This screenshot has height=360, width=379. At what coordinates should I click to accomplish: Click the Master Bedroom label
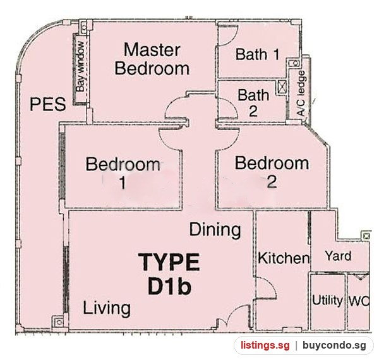tap(152, 59)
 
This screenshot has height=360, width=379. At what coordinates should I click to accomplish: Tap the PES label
tap(47, 104)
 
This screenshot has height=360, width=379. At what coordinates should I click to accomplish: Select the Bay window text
tap(80, 66)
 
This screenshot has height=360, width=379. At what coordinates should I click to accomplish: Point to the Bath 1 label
tap(258, 54)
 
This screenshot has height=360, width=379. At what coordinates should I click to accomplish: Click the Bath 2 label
tap(253, 103)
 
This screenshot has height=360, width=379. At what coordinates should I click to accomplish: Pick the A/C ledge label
tap(301, 93)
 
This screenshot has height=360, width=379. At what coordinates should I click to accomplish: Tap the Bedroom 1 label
tap(123, 173)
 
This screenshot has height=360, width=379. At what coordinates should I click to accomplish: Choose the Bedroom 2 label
tap(272, 172)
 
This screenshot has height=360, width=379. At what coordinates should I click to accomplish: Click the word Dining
tap(215, 229)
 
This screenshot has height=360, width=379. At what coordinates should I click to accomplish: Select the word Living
tap(107, 308)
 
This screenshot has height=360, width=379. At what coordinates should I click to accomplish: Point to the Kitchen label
tap(284, 258)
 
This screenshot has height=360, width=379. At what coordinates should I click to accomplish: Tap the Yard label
tap(338, 256)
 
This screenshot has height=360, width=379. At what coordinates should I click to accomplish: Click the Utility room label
tap(327, 301)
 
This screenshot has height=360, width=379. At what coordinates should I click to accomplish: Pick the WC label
tap(359, 301)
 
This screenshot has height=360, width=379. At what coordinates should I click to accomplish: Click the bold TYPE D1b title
tap(169, 273)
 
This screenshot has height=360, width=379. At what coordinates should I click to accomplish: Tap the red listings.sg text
tap(265, 345)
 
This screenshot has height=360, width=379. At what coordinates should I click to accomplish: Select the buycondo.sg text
tap(334, 345)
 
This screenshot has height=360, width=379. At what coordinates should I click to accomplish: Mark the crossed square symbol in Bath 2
tap(282, 87)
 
